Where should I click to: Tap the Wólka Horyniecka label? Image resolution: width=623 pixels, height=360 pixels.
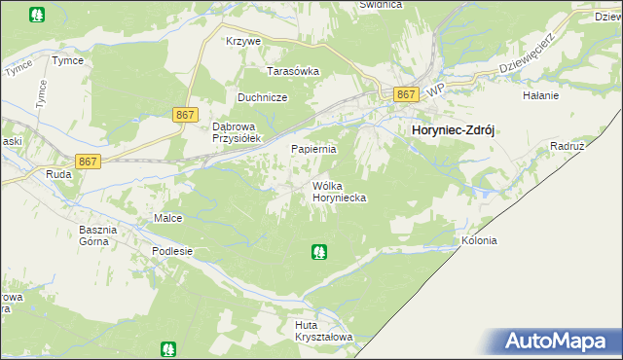click(x=339, y=191)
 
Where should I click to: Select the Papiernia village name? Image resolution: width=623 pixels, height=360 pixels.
click(x=314, y=149)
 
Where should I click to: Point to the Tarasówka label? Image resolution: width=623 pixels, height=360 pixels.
click(x=294, y=71)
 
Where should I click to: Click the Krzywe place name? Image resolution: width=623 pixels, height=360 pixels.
click(x=242, y=42)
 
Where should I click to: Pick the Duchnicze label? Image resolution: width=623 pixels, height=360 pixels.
click(x=262, y=97)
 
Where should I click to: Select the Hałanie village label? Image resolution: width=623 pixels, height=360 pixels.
click(x=540, y=95)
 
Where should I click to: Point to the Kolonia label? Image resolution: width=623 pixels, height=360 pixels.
click(x=479, y=240)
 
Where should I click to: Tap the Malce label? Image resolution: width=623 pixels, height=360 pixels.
click(x=167, y=218)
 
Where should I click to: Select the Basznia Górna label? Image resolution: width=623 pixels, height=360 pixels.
click(x=97, y=235)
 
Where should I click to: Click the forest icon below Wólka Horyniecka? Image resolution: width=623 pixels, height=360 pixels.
click(x=318, y=253)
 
